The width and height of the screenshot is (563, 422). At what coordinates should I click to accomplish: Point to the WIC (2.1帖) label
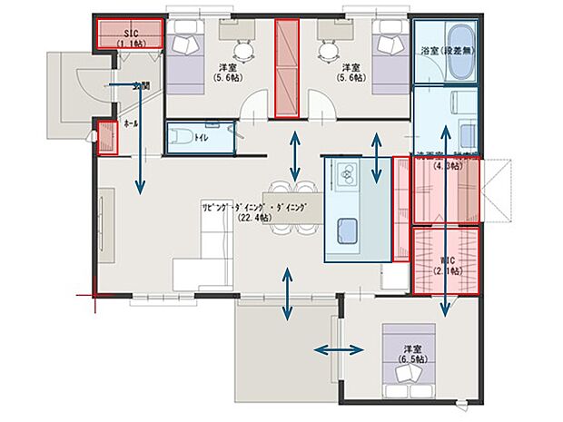click(x=445, y=265)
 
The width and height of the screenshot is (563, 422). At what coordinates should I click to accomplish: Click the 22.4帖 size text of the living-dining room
click(x=260, y=218)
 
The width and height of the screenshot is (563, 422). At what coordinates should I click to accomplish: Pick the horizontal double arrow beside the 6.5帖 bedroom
click(x=334, y=349)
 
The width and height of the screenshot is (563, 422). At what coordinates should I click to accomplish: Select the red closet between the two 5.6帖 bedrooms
click(x=287, y=68)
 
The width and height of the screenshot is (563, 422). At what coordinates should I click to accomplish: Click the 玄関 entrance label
click(x=140, y=86)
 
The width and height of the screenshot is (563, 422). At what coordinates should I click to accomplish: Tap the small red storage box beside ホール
click(x=107, y=137)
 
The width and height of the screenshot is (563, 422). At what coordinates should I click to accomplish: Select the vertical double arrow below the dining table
click(x=288, y=295)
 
